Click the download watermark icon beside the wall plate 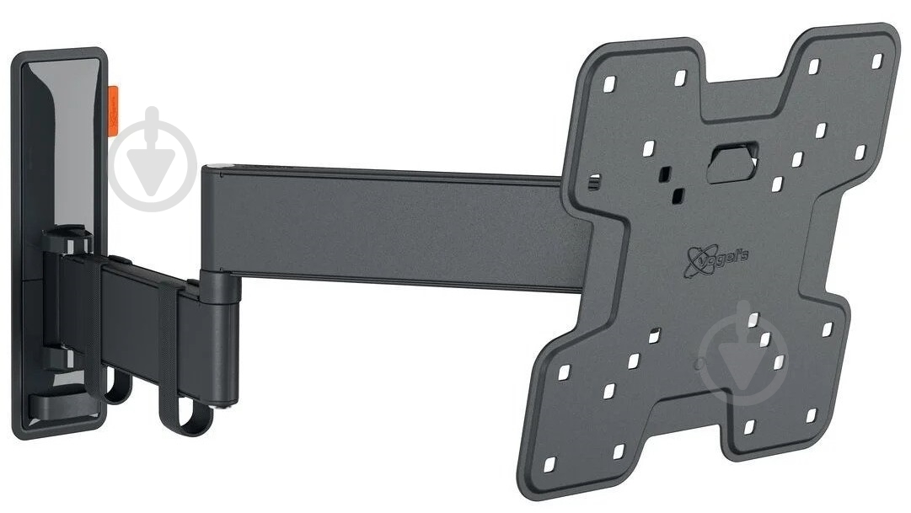[153, 159]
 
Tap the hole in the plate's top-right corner [876, 60]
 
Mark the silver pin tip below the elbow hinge [228, 409]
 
